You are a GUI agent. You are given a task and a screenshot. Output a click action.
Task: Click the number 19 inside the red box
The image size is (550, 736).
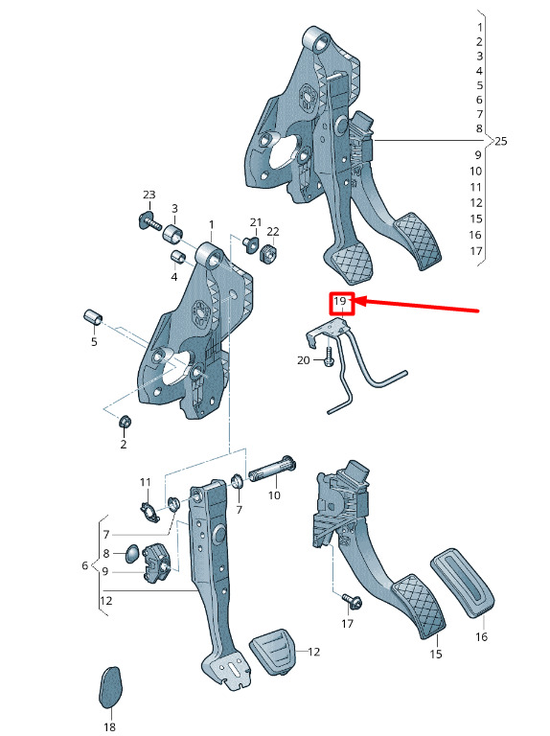340,300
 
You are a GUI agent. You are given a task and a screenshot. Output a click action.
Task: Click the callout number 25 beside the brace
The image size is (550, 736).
501,141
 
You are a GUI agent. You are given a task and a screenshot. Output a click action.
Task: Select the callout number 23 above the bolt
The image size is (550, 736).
149,195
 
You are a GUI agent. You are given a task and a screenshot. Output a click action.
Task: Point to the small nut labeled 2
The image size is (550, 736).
125,422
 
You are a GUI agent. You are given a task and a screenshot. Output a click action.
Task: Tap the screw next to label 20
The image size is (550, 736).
329,356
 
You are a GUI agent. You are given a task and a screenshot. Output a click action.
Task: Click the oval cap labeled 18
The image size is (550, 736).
111,687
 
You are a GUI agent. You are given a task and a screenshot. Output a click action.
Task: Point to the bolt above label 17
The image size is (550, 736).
351,600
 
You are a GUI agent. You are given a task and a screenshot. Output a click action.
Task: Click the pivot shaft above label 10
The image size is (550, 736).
272,470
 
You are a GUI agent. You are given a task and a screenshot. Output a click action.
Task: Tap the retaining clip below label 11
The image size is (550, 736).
150,512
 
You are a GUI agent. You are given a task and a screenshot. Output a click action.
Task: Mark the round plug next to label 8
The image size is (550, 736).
132,554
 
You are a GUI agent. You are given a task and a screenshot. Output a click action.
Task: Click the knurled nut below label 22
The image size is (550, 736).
269,254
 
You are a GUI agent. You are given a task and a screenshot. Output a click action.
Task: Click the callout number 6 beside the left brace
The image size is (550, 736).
85,565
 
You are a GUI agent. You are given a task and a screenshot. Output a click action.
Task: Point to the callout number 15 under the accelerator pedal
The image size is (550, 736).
435,654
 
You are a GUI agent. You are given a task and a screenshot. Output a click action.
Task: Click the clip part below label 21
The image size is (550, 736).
252,243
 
